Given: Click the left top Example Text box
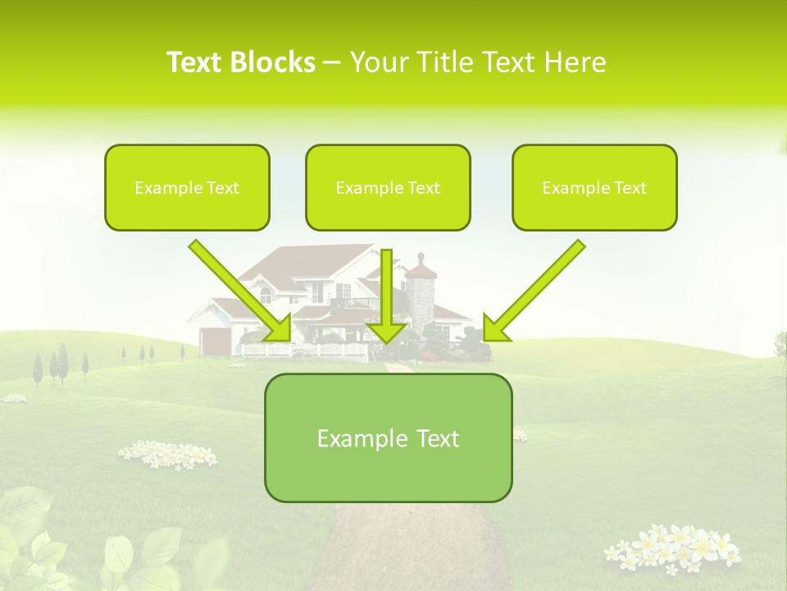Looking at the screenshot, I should pos(187,187).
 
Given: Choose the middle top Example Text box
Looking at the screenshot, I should pos(388,187).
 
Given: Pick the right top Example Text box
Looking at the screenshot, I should pos(594,187).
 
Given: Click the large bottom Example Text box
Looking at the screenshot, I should pos(388,438).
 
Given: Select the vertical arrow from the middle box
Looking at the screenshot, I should pos(386,295).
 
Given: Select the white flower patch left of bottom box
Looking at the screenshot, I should pos(168,454).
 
